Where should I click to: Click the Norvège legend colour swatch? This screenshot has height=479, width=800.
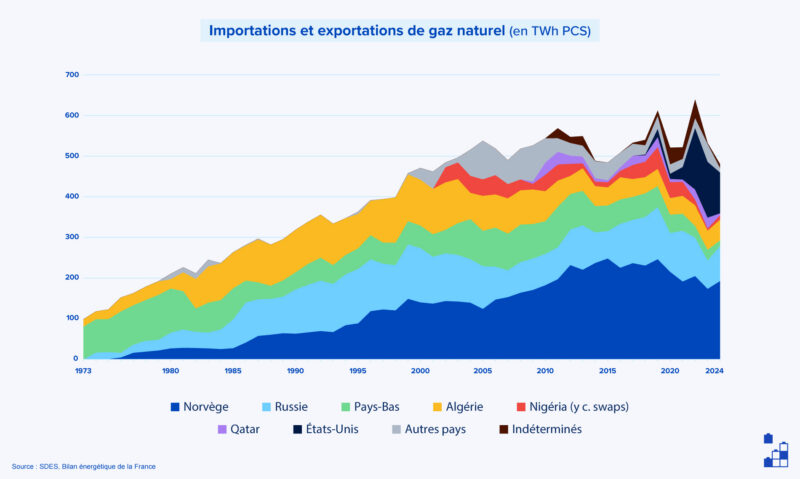[x=176, y=407]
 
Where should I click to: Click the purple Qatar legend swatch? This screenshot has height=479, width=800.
[x=222, y=429]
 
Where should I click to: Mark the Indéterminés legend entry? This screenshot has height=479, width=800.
[x=541, y=429]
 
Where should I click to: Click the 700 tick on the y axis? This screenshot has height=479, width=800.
[x=72, y=75]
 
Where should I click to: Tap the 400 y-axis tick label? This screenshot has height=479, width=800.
[x=72, y=196]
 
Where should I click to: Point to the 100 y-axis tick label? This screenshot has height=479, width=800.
[x=72, y=318]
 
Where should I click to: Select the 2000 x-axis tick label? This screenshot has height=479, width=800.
[x=419, y=371]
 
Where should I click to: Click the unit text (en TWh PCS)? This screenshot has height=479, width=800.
[x=550, y=31]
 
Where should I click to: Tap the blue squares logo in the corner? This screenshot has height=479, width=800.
[x=775, y=451]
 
